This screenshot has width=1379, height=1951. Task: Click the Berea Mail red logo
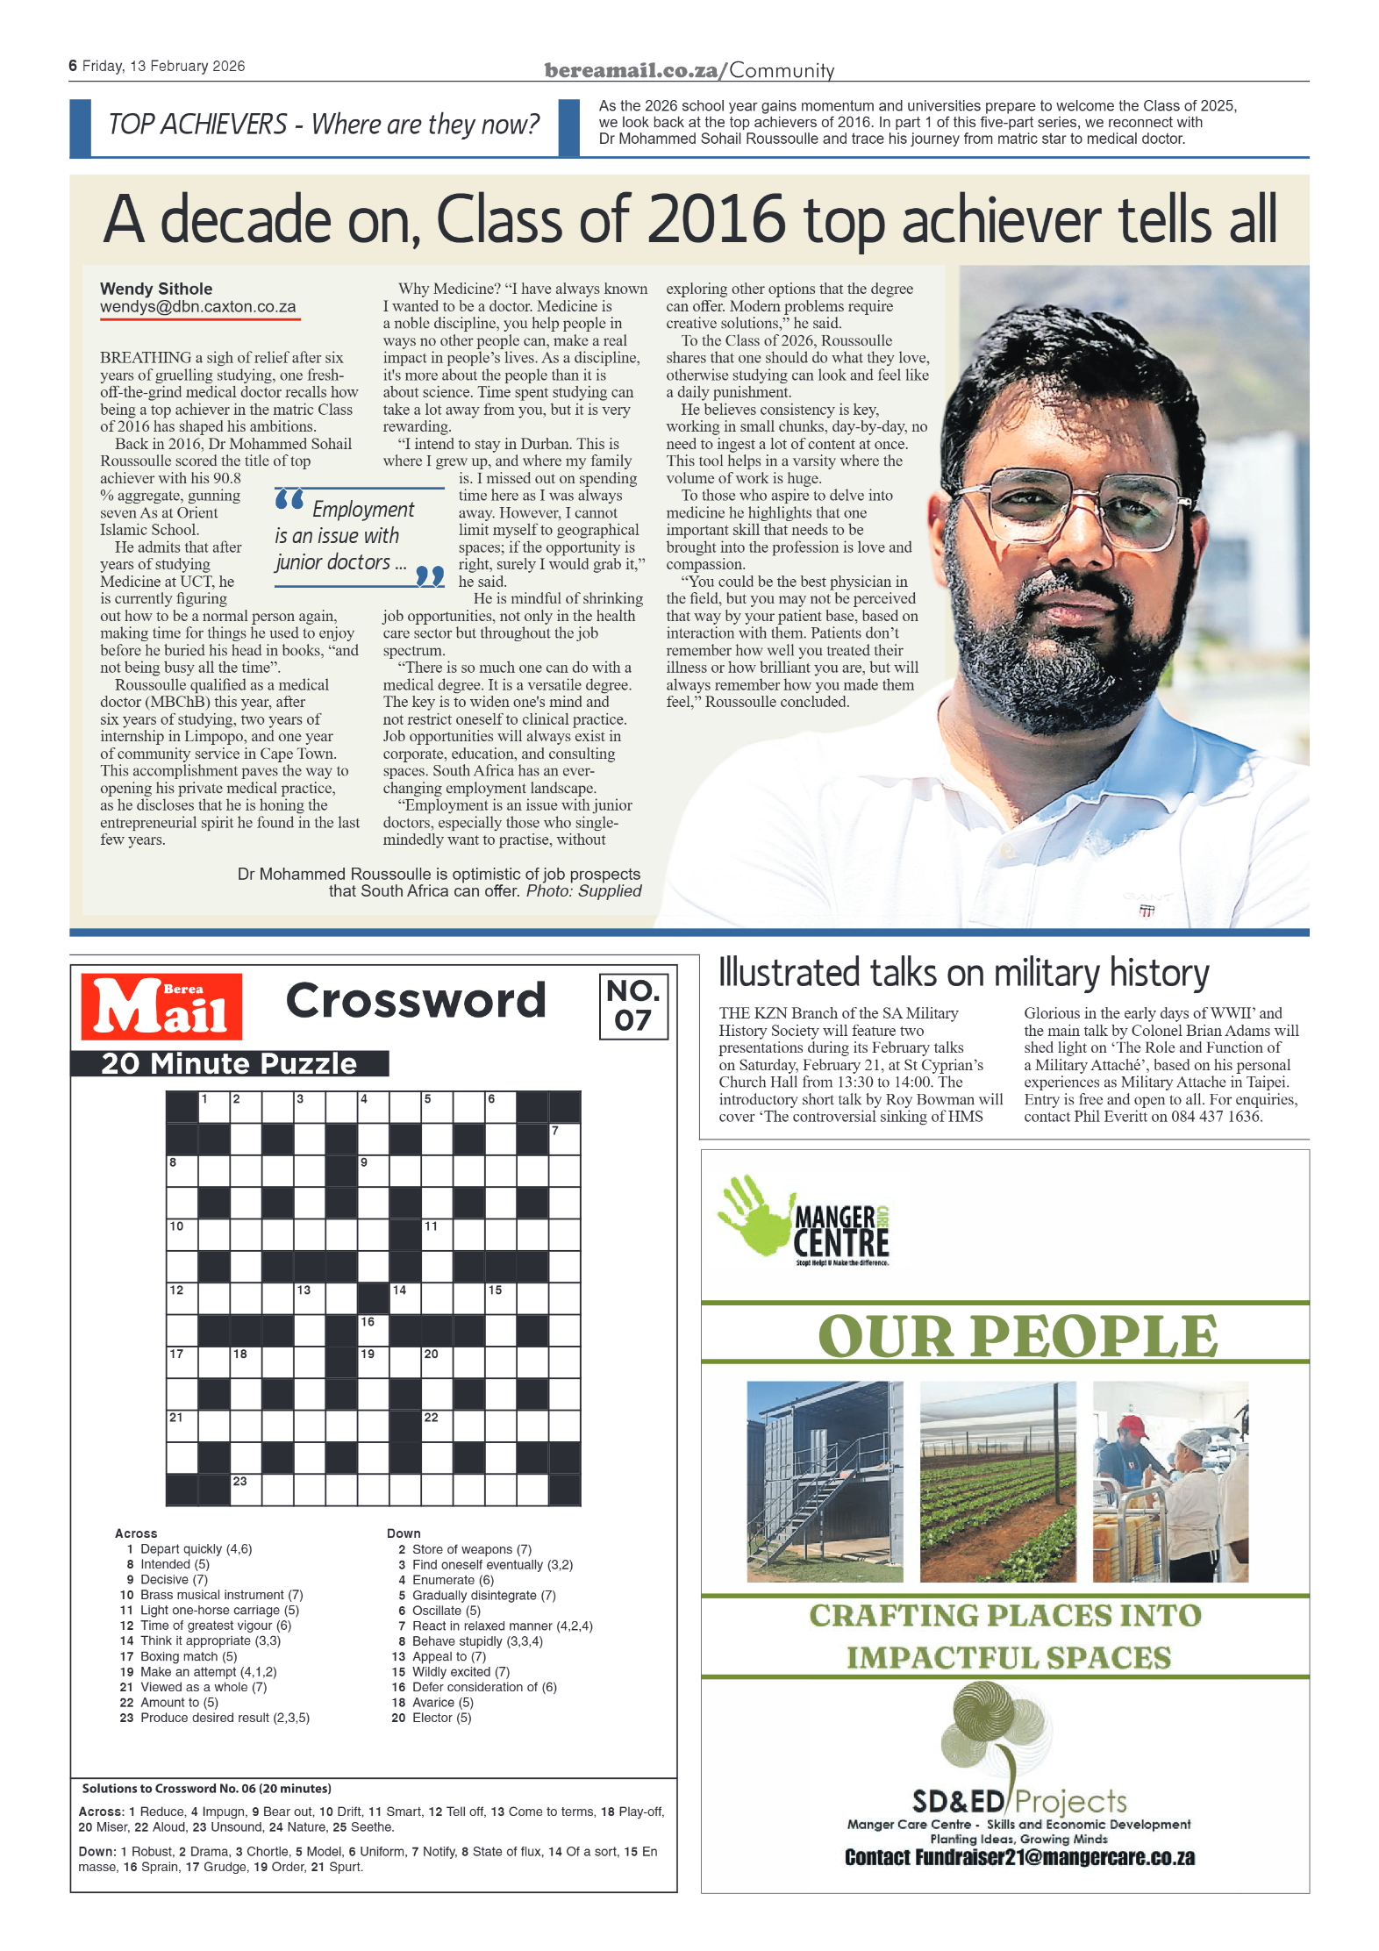click(161, 1006)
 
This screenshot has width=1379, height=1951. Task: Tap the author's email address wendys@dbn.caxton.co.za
click(198, 307)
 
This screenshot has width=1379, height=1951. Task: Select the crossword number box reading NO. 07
click(632, 1006)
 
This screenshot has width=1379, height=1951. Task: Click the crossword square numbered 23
click(246, 1490)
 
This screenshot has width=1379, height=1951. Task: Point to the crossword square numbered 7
click(564, 1139)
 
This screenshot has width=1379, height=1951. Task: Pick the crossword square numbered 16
click(373, 1330)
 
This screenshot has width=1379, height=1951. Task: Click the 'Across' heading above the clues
click(136, 1533)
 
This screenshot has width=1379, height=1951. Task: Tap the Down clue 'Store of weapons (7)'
click(471, 1549)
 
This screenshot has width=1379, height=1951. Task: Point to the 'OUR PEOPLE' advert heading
click(1018, 1336)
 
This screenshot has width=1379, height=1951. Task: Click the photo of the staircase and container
click(825, 1482)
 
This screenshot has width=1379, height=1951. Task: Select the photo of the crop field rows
click(997, 1482)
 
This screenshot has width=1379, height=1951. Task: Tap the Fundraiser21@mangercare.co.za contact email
click(1019, 1857)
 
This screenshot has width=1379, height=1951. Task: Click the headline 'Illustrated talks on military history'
click(963, 974)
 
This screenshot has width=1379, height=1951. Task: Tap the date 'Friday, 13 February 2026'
click(163, 67)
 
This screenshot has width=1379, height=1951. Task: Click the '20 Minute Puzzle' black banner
click(229, 1063)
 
